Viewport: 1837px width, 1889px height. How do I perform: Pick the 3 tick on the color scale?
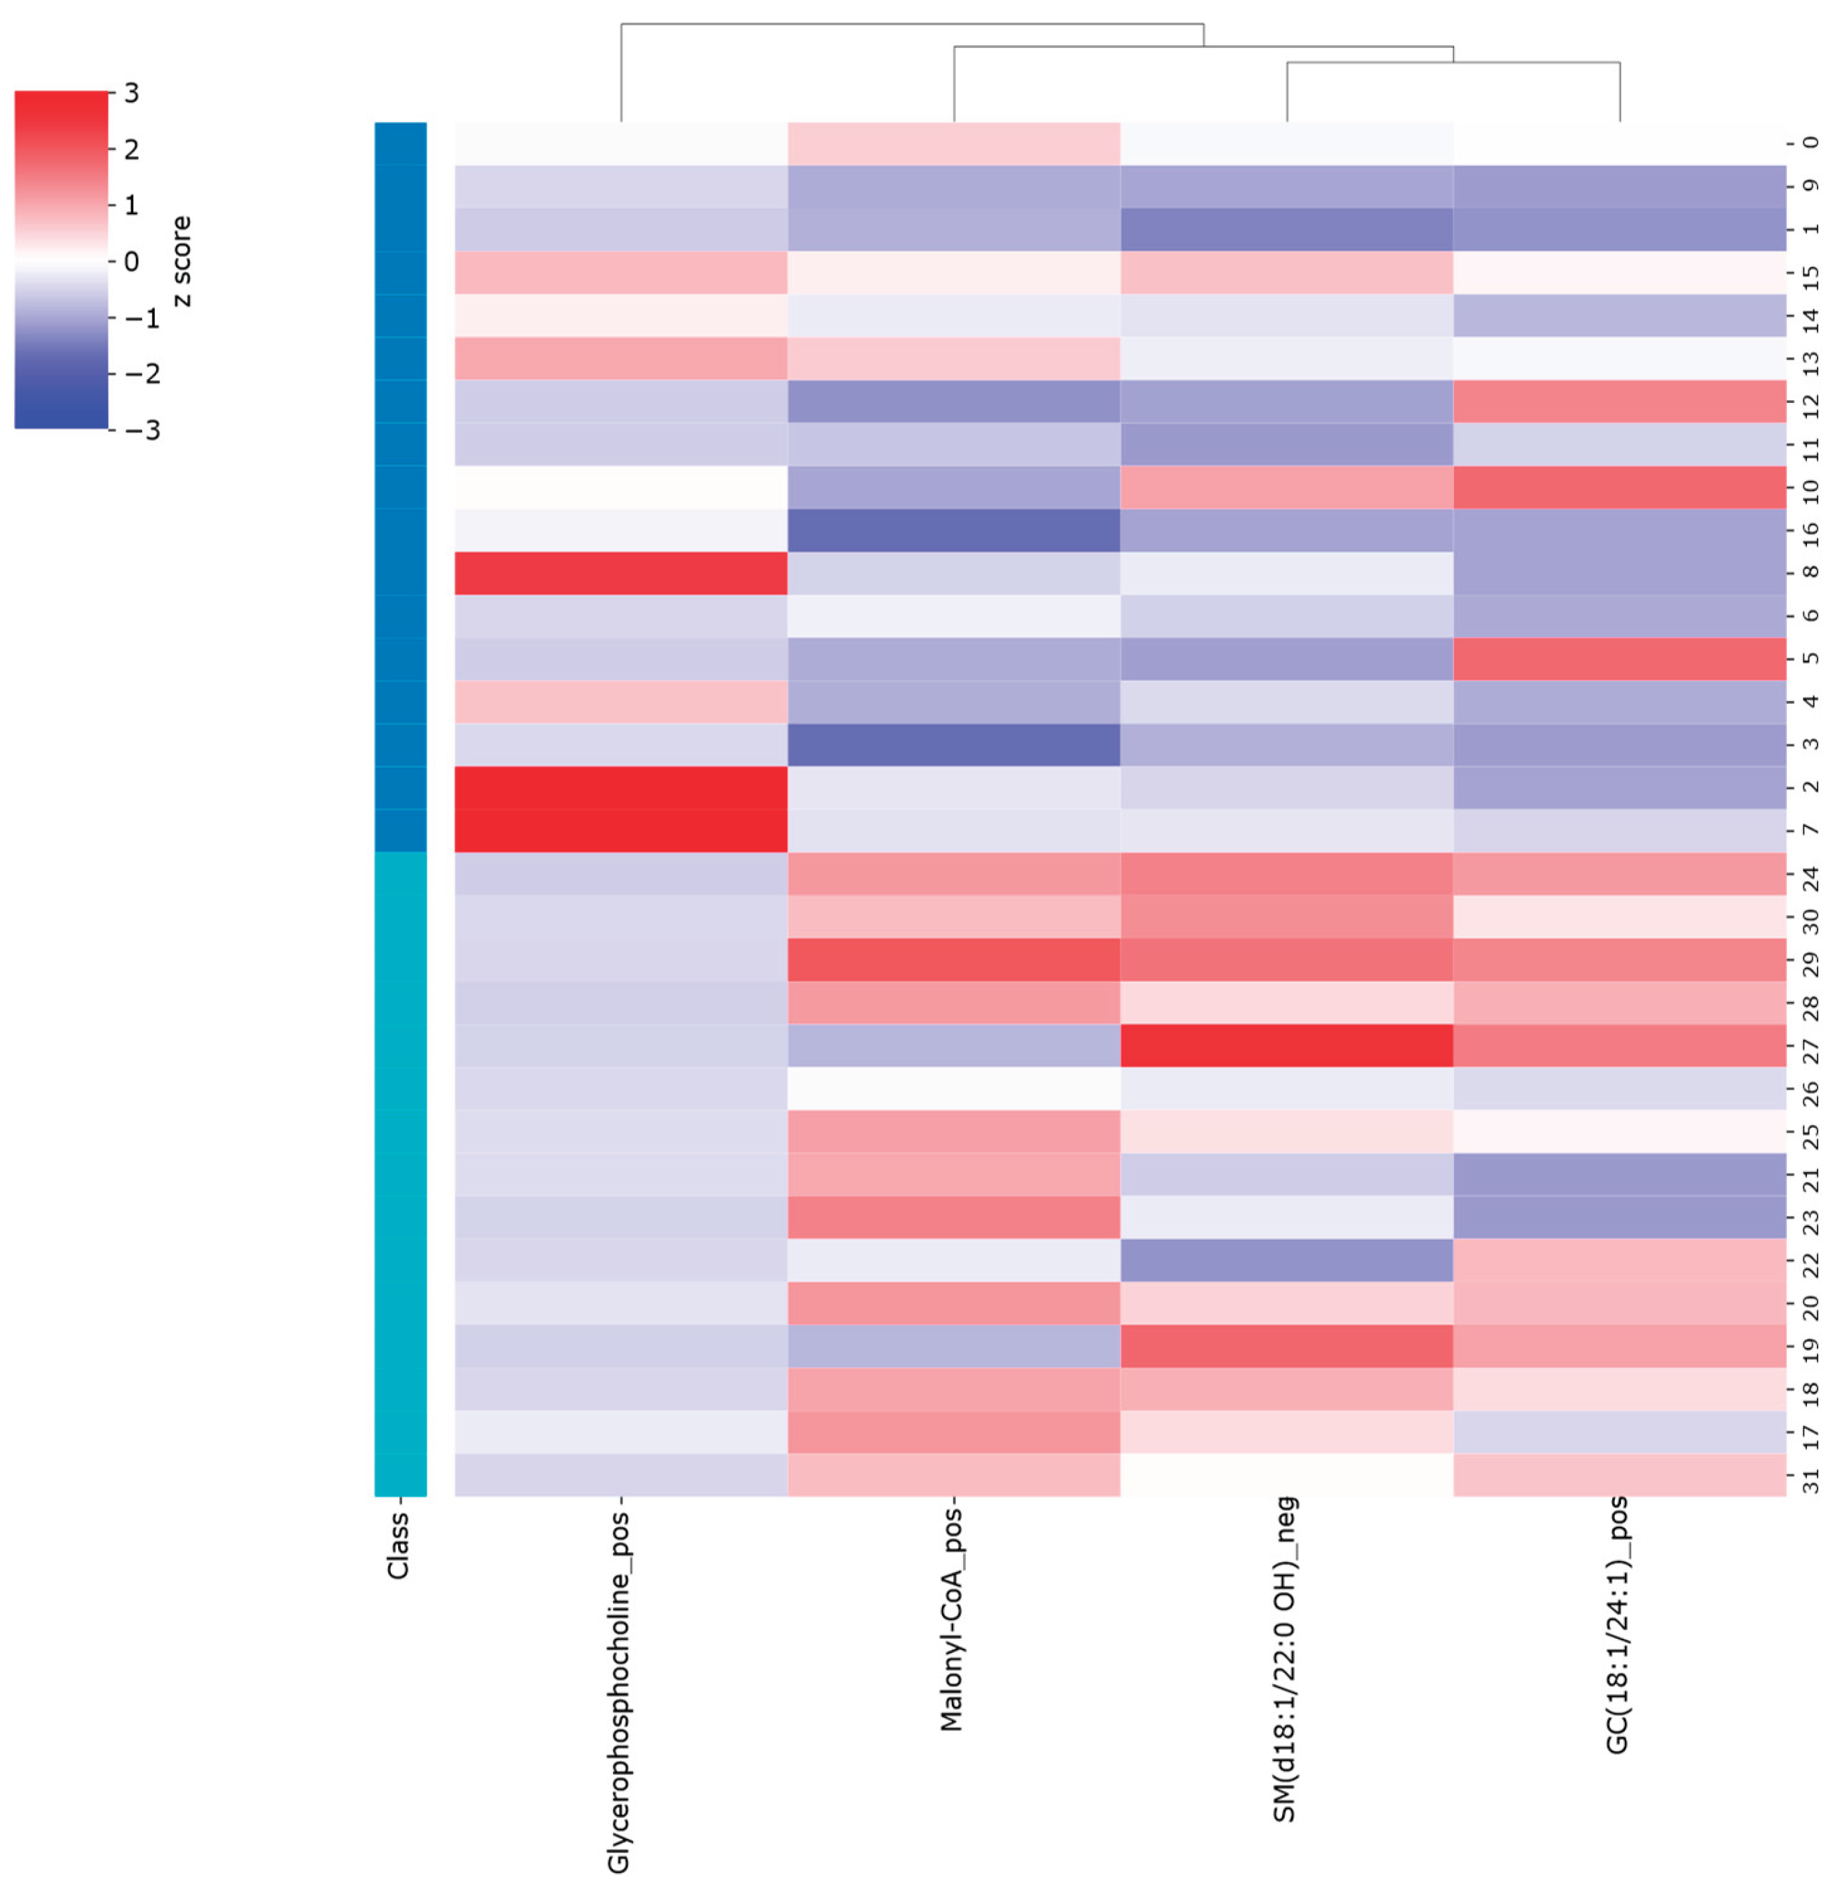[x=131, y=93]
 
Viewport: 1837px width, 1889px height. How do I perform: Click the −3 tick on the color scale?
[x=141, y=430]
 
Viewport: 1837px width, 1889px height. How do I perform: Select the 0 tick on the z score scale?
[x=131, y=261]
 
